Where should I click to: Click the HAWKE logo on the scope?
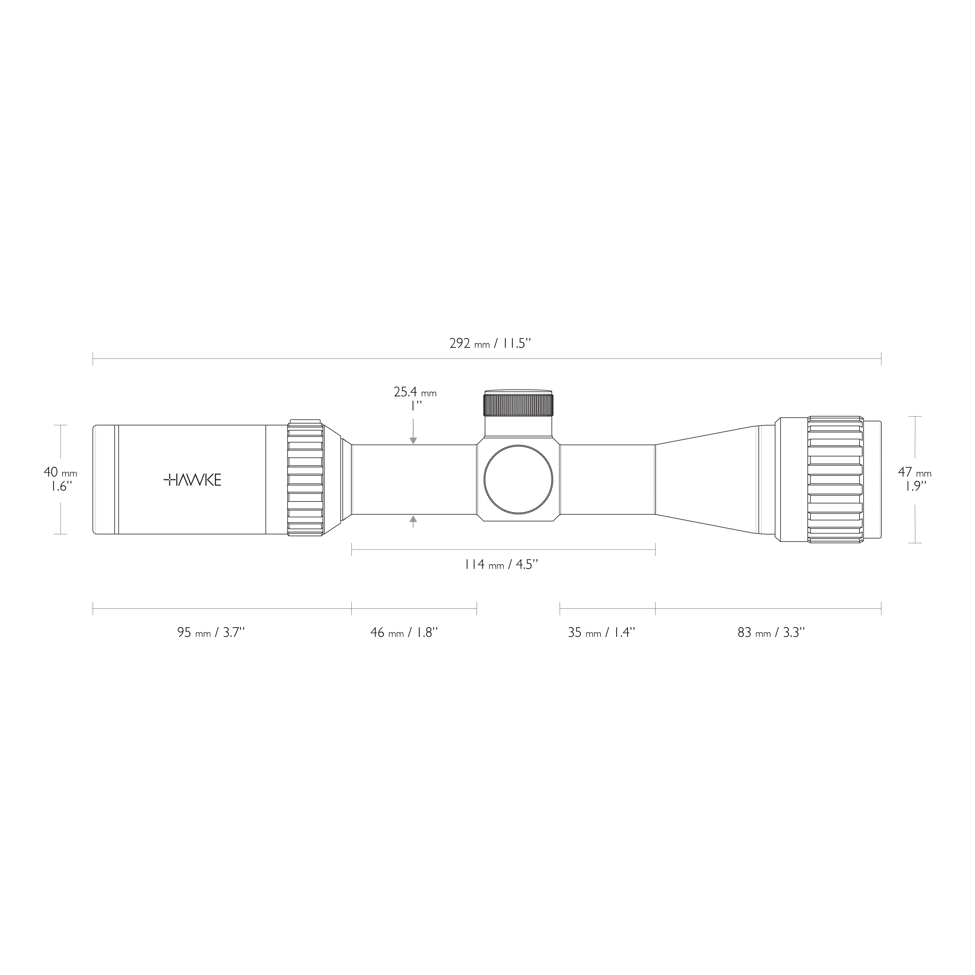point(192,480)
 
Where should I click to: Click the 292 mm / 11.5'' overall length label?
point(490,344)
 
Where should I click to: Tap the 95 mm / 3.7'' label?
point(211,632)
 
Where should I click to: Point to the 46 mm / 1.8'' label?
point(404,632)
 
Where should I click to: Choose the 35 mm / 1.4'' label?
point(601,632)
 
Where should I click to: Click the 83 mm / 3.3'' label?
point(771,632)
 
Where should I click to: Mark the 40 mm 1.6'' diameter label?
point(60,479)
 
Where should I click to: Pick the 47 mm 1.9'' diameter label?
point(915,479)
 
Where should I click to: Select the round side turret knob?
point(518,480)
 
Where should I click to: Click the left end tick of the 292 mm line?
point(93,359)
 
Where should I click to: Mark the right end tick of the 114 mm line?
point(655,550)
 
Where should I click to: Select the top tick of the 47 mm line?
point(915,417)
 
